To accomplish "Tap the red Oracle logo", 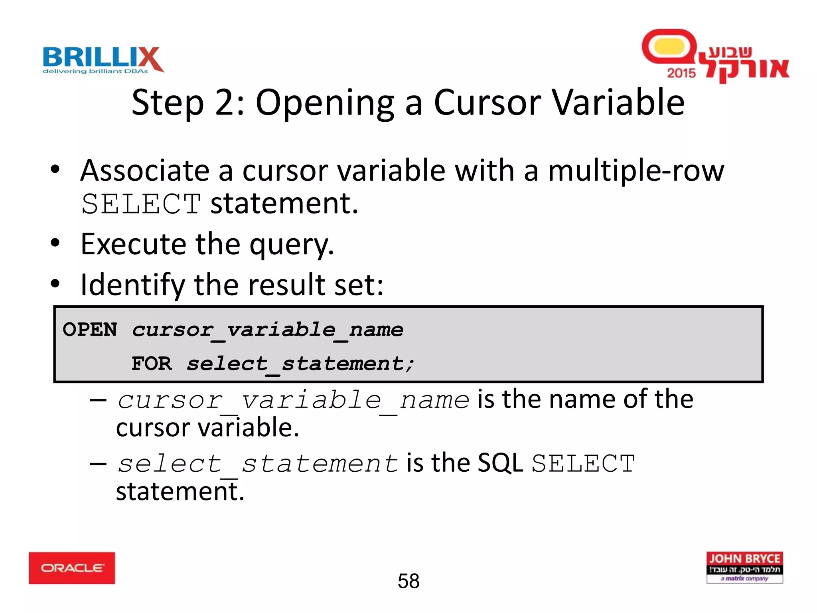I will [72, 568].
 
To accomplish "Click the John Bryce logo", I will [744, 567].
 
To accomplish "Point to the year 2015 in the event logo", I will [681, 73].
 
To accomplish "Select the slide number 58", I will [408, 581].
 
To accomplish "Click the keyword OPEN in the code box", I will [90, 330].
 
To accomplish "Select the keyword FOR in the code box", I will [152, 364].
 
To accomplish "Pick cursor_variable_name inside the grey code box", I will [268, 330].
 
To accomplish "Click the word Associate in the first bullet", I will [145, 170].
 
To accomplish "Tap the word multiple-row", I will [636, 171].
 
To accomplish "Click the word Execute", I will [133, 244].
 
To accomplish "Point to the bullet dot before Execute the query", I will [55, 243].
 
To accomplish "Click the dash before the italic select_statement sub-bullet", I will [98, 464].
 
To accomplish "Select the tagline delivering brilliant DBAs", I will [95, 71].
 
